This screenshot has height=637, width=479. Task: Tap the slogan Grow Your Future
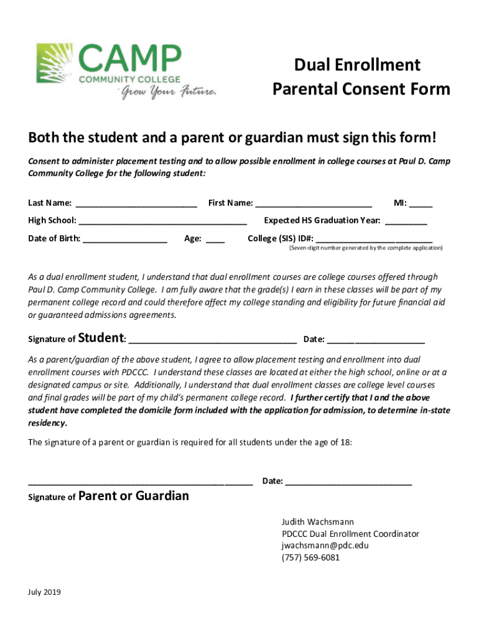[x=169, y=93]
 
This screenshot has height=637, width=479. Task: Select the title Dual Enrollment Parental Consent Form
[x=361, y=77]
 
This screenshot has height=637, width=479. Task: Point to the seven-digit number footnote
[x=365, y=248]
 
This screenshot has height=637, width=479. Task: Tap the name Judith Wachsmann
[x=318, y=522]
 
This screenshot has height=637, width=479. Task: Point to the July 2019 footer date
[x=45, y=592]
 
